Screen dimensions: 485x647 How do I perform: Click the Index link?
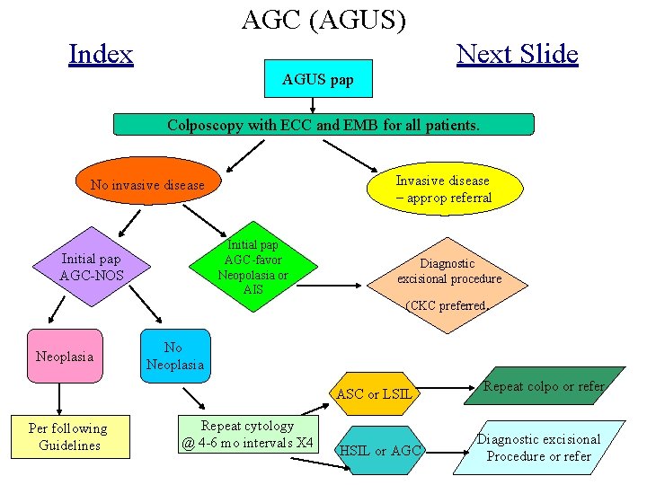101,55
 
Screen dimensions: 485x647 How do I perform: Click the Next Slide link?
517,54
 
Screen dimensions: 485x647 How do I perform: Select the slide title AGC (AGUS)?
323,20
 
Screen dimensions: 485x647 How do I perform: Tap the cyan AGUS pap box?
318,81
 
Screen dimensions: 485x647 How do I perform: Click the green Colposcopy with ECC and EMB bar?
323,125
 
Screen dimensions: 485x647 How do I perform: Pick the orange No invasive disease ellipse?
147,185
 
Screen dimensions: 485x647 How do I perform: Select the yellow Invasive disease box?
443,189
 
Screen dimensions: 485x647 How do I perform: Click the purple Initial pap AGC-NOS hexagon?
91,267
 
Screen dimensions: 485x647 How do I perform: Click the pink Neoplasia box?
64,357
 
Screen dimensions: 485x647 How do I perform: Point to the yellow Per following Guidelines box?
69,436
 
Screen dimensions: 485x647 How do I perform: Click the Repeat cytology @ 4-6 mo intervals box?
247,435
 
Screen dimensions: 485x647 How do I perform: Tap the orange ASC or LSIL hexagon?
373,393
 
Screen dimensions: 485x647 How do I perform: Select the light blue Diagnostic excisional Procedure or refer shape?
538,446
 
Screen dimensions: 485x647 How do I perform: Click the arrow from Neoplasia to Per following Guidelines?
59,397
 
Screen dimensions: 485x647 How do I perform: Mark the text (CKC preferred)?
446,306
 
